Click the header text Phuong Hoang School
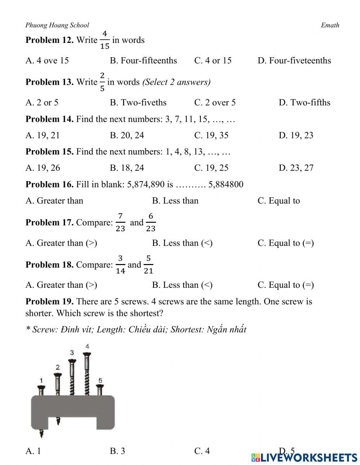click(57, 25)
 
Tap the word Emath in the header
click(330, 25)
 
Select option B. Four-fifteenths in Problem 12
click(143, 61)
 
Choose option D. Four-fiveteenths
click(294, 61)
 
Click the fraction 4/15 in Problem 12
click(104, 40)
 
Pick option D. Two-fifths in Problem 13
click(304, 103)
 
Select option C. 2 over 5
click(215, 103)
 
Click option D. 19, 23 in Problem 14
click(296, 135)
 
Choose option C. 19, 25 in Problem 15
click(211, 168)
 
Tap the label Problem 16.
click(49, 184)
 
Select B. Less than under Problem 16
click(175, 201)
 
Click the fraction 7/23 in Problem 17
click(120, 222)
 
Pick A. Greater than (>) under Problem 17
click(61, 243)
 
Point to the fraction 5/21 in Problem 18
click(148, 264)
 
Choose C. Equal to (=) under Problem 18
click(285, 285)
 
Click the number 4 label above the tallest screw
click(87, 346)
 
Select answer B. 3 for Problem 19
click(117, 451)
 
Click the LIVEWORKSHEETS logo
click(304, 457)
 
